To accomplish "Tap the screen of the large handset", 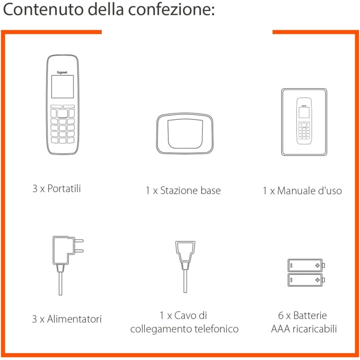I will point(62,86).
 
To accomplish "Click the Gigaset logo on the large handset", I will point(63,71).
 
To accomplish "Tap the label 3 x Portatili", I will point(57,189).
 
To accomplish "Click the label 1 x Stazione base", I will point(183,190).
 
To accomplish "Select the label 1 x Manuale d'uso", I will point(302,191).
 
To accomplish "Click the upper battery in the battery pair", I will point(306,265).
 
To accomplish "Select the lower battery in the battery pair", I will point(306,280).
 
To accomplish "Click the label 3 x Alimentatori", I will point(67,319).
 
